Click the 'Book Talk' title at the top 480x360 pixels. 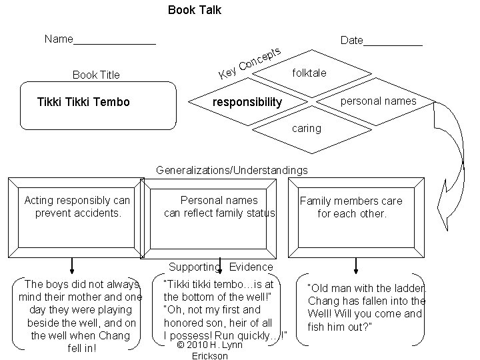tap(195, 10)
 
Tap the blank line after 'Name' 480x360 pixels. tap(115, 43)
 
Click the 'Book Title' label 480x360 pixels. tap(96, 75)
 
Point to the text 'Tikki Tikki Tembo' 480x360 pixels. tap(85, 102)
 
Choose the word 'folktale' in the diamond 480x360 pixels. tap(309, 73)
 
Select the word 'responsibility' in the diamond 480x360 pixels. tap(247, 102)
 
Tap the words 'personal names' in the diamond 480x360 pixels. tap(378, 101)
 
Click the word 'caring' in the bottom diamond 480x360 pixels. tap(307, 128)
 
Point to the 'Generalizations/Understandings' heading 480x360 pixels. tap(232, 170)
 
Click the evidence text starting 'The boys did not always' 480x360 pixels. tap(81, 316)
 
